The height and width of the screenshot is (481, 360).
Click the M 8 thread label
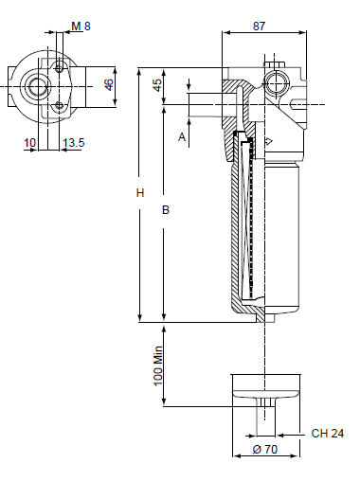click(x=81, y=26)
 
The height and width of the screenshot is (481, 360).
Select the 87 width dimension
click(x=259, y=26)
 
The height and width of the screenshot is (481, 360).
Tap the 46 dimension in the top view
click(x=109, y=84)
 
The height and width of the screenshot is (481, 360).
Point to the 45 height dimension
click(x=157, y=84)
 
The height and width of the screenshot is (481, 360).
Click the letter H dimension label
click(x=140, y=193)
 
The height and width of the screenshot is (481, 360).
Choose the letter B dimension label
click(x=166, y=210)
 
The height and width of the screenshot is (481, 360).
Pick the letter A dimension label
click(x=182, y=137)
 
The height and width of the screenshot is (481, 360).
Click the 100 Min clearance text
click(x=158, y=365)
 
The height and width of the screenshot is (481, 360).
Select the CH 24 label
click(x=327, y=434)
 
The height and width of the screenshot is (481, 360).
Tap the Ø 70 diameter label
click(x=265, y=449)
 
